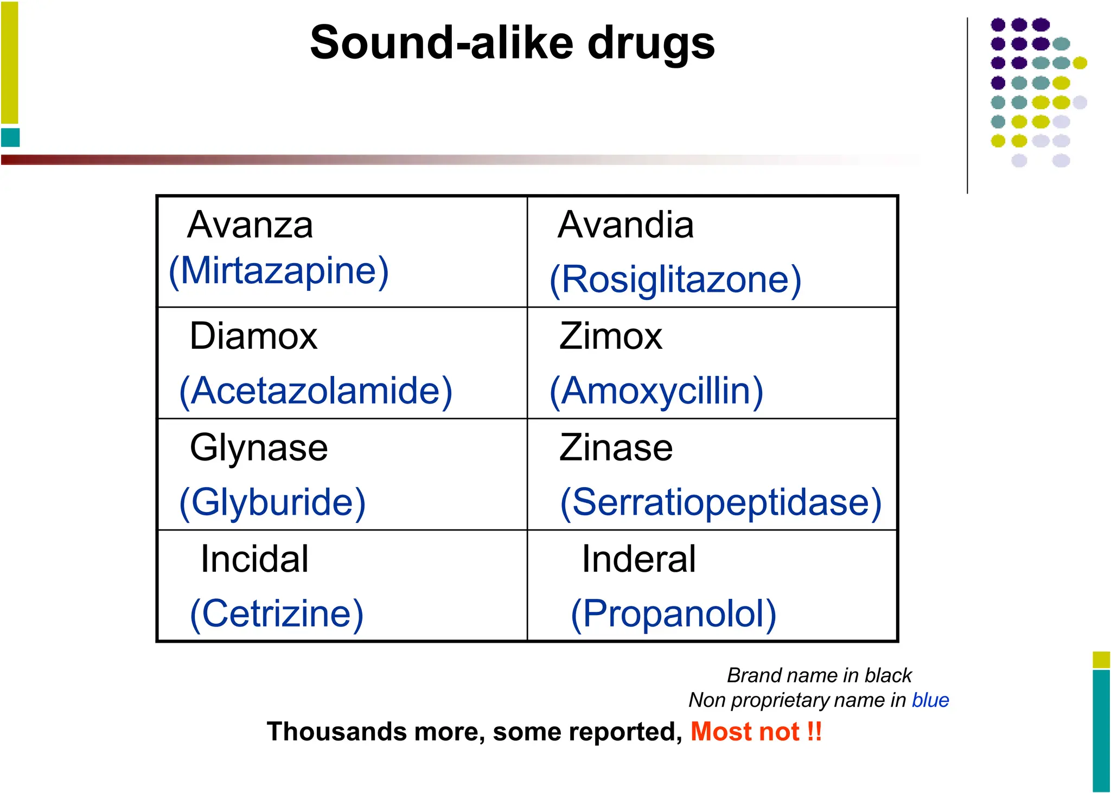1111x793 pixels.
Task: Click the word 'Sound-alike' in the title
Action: [x=442, y=43]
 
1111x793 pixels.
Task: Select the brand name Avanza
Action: [x=250, y=225]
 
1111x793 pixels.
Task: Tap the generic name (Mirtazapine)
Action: [x=279, y=271]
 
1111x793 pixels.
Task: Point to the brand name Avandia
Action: [x=625, y=225]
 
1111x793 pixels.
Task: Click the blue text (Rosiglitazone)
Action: [x=675, y=280]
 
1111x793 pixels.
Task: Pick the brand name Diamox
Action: [x=253, y=336]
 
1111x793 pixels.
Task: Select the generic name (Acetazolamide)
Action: [x=316, y=391]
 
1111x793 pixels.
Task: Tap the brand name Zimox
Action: [x=611, y=336]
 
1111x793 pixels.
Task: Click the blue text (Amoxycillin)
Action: [x=656, y=391]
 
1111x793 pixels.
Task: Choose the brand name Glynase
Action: [x=259, y=448]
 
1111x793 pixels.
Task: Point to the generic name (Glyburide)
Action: [x=272, y=502]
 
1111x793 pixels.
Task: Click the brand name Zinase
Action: [x=616, y=448]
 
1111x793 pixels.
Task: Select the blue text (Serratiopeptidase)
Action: [x=721, y=502]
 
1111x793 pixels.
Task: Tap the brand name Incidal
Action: [x=254, y=559]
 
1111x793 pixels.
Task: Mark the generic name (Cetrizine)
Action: [x=277, y=613]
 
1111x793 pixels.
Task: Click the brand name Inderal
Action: [x=638, y=559]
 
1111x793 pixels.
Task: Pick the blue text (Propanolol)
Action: [x=674, y=613]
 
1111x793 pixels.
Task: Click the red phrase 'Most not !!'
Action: [x=756, y=732]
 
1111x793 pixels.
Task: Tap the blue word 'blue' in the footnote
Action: [x=930, y=700]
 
